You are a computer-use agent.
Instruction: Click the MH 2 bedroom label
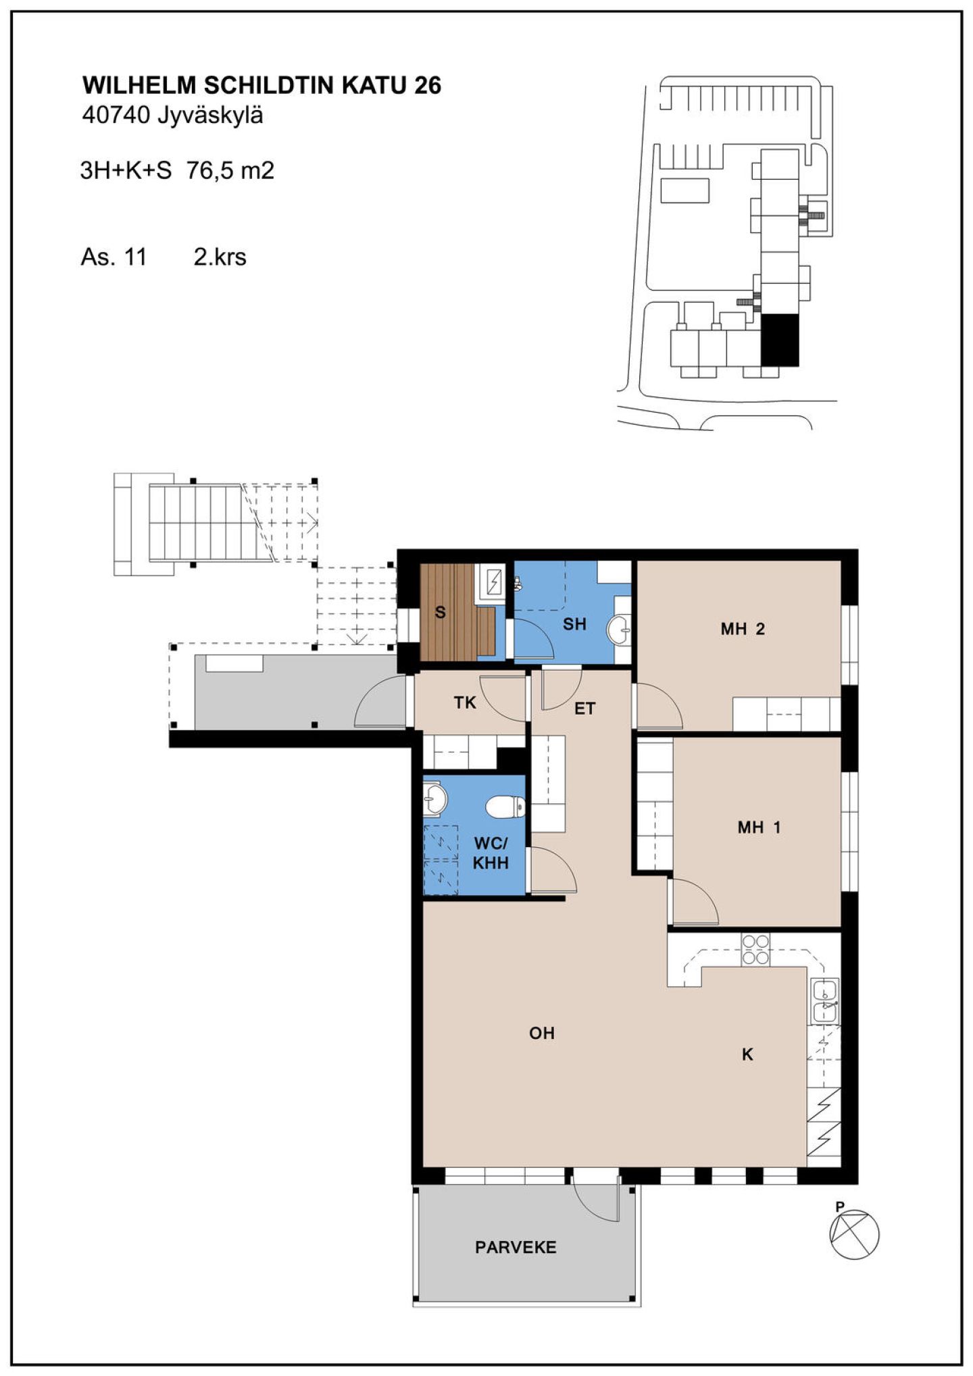point(742,629)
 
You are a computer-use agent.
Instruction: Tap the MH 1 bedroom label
point(759,827)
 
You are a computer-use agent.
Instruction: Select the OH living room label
point(542,1033)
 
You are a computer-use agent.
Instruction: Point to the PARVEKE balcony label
point(516,1247)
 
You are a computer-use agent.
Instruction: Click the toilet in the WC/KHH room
point(505,806)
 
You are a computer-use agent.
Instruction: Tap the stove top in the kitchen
point(755,948)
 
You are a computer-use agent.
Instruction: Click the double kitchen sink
point(825,1000)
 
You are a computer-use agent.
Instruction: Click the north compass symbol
point(853,1233)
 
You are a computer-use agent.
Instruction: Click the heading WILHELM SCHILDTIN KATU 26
point(261,86)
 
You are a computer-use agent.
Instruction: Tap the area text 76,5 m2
point(230,170)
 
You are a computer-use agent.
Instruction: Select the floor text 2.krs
point(220,257)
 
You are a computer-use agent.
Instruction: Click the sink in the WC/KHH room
point(434,798)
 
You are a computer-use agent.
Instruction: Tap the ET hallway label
point(585,709)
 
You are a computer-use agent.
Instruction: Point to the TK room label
point(465,703)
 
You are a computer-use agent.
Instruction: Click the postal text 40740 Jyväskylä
point(172,116)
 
